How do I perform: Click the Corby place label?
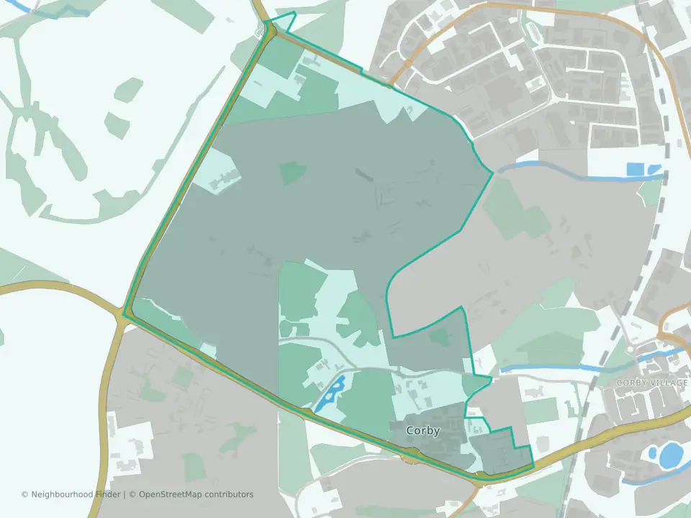click(423, 431)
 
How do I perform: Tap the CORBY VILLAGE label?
click(652, 383)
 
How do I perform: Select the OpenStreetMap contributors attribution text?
click(196, 494)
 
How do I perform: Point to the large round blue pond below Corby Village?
click(671, 455)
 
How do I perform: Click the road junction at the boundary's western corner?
click(125, 314)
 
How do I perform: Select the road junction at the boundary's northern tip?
click(268, 29)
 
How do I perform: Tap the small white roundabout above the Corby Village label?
click(631, 349)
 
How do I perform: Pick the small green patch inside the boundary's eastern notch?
click(438, 335)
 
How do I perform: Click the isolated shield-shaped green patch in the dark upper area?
click(292, 173)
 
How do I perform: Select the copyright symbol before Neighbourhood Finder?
click(24, 494)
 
